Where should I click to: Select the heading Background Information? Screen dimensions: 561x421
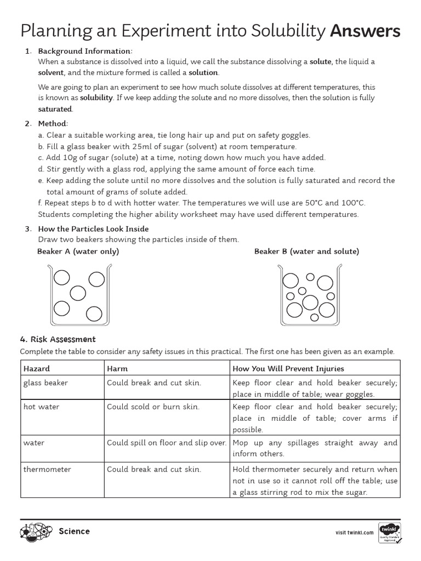click(85, 51)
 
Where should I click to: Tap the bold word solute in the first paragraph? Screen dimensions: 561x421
click(320, 62)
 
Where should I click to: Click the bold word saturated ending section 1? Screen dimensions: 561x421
click(55, 109)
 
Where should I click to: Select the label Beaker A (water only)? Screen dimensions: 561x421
click(78, 251)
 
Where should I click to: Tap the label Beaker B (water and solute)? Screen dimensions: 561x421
click(306, 251)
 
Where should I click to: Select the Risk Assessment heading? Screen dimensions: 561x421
click(58, 339)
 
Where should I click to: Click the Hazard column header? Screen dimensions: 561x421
click(37, 369)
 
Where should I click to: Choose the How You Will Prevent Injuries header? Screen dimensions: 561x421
click(288, 369)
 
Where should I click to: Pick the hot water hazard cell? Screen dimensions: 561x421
click(42, 407)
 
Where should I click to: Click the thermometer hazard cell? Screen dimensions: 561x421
click(47, 470)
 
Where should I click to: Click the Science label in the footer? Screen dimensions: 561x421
click(74, 531)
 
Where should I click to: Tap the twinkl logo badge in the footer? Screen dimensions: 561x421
click(390, 532)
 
